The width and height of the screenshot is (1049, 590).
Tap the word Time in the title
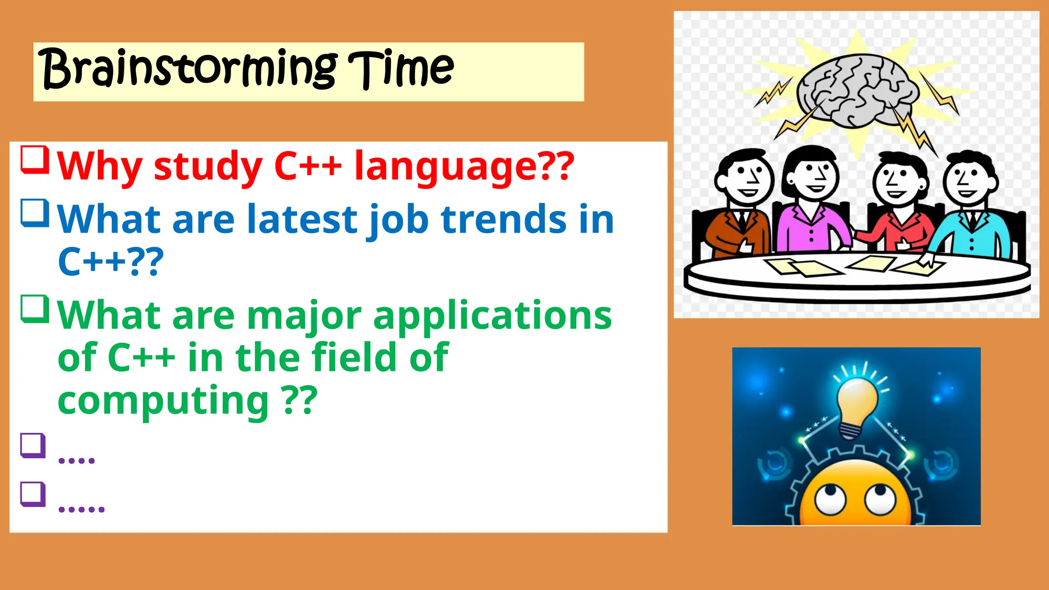(x=401, y=69)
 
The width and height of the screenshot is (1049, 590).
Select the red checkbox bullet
(x=35, y=160)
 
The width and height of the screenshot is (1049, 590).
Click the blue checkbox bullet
(x=35, y=213)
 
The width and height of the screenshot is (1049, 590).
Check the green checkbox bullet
(x=35, y=309)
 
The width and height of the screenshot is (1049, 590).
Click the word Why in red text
(x=100, y=166)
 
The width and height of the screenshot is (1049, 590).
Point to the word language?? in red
(x=464, y=166)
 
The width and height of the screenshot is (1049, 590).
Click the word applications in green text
(x=492, y=317)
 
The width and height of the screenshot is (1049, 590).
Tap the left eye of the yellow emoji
(x=830, y=499)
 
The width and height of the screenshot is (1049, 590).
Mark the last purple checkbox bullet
(x=33, y=494)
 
